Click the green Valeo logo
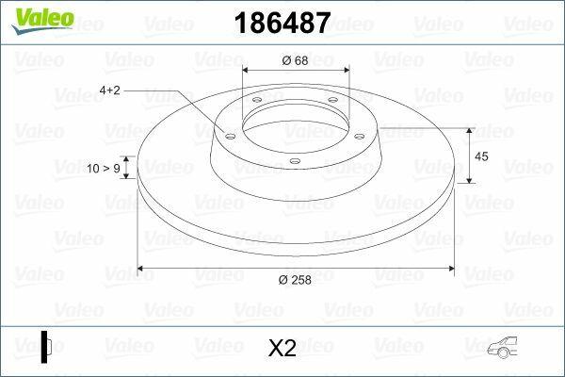[x=37, y=15]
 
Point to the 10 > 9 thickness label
[x=104, y=169]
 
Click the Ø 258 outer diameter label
[x=295, y=280]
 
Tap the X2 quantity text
[x=282, y=349]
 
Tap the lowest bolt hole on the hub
[x=294, y=161]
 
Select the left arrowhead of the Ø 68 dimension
[x=246, y=72]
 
